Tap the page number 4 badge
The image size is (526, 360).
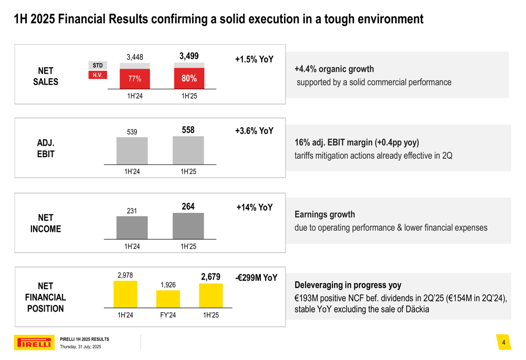(x=503, y=343)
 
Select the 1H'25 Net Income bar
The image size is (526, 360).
(x=188, y=226)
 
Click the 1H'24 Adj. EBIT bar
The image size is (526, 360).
(x=132, y=151)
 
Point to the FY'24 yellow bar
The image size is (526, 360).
(x=168, y=299)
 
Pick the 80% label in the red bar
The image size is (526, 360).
(x=189, y=78)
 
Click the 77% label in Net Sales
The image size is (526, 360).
(x=135, y=79)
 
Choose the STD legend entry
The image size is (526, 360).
(x=98, y=66)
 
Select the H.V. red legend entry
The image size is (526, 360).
(x=97, y=75)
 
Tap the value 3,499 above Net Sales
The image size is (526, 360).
(x=189, y=56)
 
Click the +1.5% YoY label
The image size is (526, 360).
(x=254, y=59)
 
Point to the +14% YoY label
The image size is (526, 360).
(x=255, y=208)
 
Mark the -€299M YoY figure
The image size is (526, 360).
(x=256, y=277)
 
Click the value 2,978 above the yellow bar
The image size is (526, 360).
(x=125, y=275)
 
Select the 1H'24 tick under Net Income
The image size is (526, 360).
(x=132, y=245)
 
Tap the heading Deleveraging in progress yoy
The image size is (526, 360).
(x=348, y=285)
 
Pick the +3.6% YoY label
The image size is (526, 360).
(x=254, y=131)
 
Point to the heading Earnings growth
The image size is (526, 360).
(x=325, y=214)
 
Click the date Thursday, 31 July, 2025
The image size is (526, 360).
(x=80, y=347)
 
